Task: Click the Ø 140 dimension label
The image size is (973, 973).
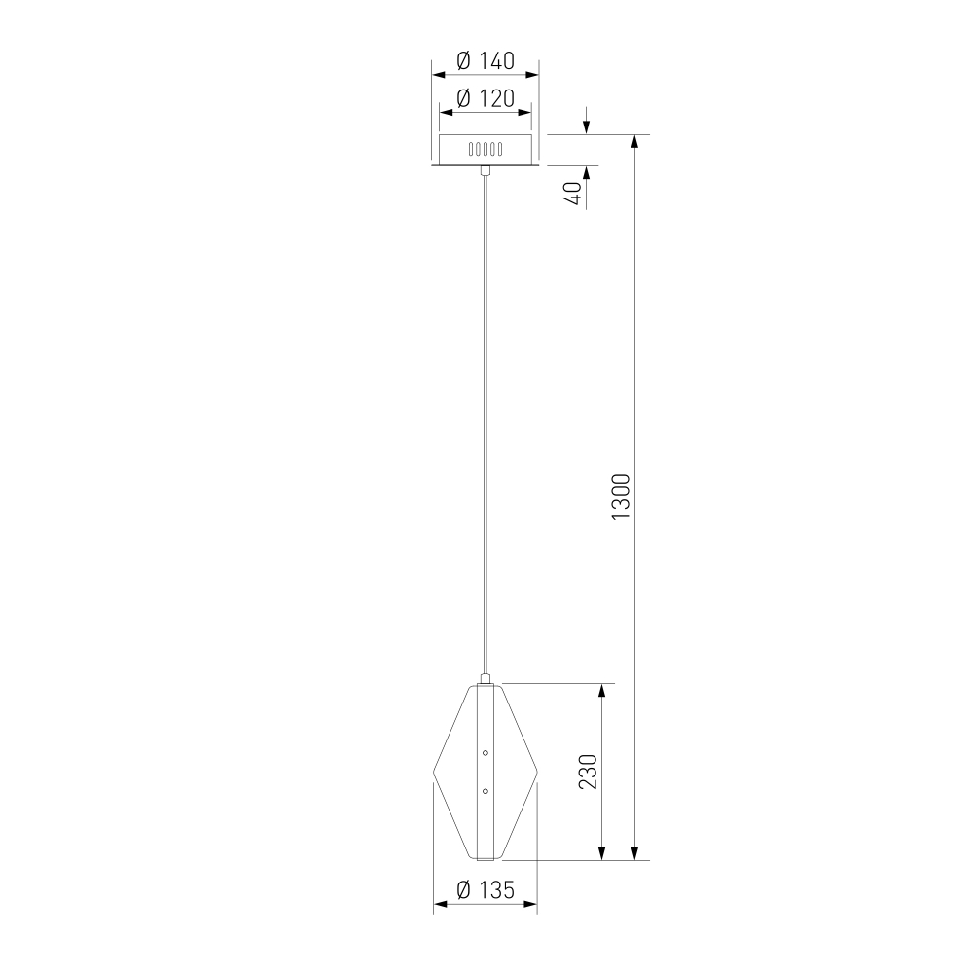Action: tap(486, 60)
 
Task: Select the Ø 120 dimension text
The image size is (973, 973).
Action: tap(486, 98)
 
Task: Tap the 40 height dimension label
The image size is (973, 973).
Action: tap(572, 194)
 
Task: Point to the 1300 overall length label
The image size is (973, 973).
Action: tap(620, 496)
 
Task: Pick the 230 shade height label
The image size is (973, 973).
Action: tap(587, 772)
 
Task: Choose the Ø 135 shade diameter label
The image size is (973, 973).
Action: tap(486, 890)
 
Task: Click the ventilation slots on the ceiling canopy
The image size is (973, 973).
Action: tap(486, 149)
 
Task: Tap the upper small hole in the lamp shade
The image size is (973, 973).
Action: tap(486, 753)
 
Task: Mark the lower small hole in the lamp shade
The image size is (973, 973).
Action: tap(486, 791)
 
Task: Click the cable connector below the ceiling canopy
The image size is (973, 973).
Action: tap(486, 170)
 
